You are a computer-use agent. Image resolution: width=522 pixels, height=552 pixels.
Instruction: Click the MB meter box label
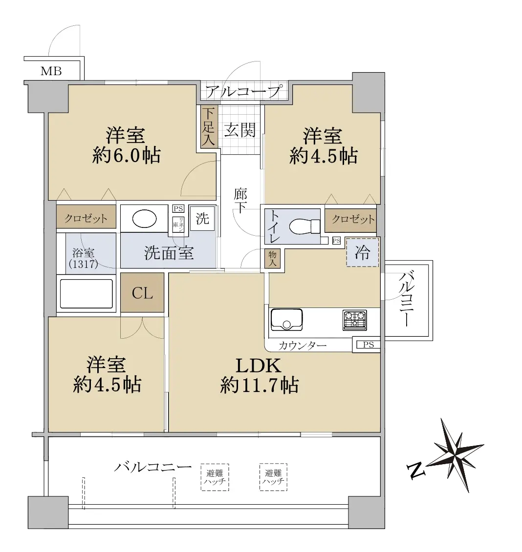coord(51,71)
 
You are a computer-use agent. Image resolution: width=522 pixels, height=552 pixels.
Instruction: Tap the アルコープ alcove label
coord(244,92)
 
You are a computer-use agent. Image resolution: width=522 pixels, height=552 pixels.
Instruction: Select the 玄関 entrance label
coord(239,130)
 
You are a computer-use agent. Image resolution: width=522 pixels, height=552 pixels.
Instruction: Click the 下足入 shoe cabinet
coord(208,127)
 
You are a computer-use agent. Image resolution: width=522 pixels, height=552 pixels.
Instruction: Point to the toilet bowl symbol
coord(304,226)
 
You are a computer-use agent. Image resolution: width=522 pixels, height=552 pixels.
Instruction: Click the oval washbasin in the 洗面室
coord(145,219)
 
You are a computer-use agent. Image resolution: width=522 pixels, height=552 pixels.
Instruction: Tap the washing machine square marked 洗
coord(202,219)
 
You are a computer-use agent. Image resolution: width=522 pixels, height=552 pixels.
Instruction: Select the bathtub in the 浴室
coord(87,294)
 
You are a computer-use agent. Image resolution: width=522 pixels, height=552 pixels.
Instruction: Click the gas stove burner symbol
coord(354,320)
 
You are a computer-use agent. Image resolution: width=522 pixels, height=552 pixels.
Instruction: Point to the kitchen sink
coord(286,319)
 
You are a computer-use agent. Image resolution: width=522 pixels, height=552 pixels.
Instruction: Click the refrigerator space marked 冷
coord(362,252)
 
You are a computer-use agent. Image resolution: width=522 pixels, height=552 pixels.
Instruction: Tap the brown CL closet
coord(142,292)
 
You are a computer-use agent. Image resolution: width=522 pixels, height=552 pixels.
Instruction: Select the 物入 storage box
coord(272,259)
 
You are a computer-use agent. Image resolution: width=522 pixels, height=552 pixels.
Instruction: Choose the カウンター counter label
coord(303,346)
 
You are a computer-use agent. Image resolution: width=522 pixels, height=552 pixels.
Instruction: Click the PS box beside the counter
coord(369,345)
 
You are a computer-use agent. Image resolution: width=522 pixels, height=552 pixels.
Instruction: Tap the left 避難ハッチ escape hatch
coord(215,477)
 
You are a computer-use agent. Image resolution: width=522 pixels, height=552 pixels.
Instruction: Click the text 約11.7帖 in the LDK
coord(260,385)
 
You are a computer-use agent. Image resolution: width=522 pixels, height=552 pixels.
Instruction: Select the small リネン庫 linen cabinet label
coord(178,224)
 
